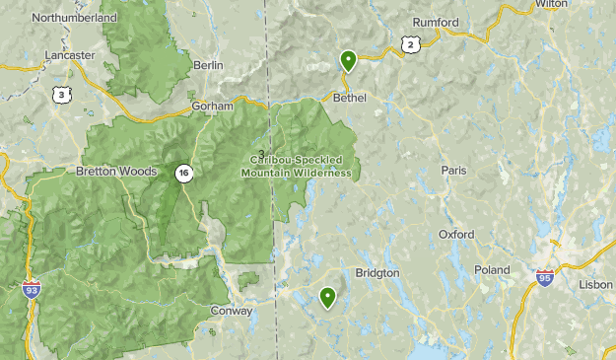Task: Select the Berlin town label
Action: (x=209, y=65)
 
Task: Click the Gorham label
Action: (x=212, y=106)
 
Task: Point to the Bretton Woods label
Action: (x=116, y=172)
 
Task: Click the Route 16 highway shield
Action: (x=183, y=174)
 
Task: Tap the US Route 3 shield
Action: (x=62, y=95)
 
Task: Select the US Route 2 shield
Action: (x=410, y=43)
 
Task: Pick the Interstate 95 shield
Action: (x=545, y=279)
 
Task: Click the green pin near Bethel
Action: (x=348, y=61)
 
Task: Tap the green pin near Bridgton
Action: (x=327, y=296)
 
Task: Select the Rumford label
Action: (x=436, y=23)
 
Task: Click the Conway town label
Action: (x=232, y=311)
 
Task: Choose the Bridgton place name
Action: (x=376, y=272)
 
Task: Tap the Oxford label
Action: (x=456, y=235)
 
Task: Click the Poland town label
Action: (x=491, y=270)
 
